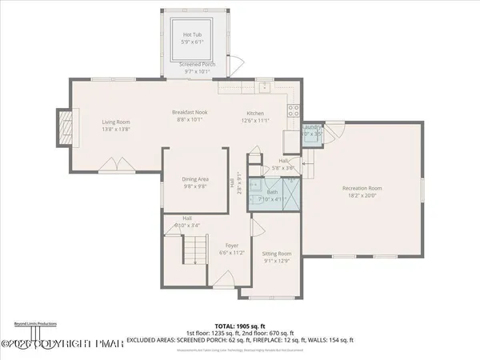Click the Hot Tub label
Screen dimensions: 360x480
(x=192, y=35)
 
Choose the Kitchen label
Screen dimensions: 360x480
(x=256, y=113)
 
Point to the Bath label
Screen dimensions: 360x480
(x=272, y=192)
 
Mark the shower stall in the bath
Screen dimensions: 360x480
(x=294, y=193)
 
